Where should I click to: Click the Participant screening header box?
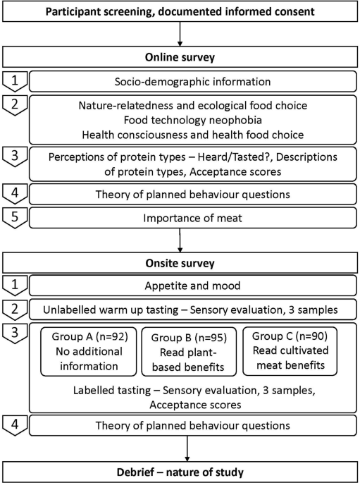point(180,12)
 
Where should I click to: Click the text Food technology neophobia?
point(192,121)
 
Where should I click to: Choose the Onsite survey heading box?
point(180,264)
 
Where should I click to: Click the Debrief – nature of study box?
point(180,470)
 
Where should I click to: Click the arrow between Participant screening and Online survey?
point(180,35)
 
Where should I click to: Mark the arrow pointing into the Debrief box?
point(187,448)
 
